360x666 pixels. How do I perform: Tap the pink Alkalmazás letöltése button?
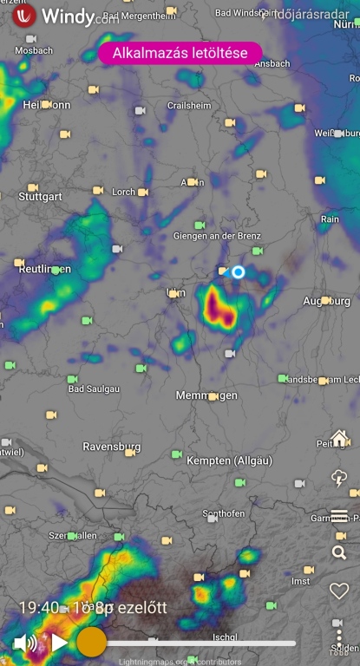(180, 53)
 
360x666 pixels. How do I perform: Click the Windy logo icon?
(23, 15)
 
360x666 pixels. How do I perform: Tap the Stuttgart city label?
(41, 197)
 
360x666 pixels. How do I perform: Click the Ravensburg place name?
(111, 447)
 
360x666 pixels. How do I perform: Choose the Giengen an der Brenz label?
(217, 237)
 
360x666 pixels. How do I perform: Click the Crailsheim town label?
(189, 105)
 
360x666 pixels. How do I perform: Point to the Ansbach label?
(272, 63)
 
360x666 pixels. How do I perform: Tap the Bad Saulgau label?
(95, 388)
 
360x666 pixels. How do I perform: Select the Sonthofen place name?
(224, 513)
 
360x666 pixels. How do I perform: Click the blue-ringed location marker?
(239, 272)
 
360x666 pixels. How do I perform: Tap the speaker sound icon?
(25, 643)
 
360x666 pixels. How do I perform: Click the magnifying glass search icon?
(339, 552)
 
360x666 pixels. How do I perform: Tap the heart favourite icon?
(339, 591)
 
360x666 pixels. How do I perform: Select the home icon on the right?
(339, 438)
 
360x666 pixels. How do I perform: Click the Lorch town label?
(124, 192)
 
